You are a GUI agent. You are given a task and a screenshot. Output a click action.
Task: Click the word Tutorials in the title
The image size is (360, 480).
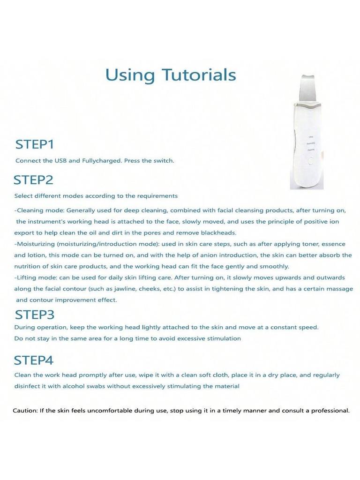(199, 75)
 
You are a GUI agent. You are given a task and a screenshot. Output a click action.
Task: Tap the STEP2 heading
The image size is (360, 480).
(33, 180)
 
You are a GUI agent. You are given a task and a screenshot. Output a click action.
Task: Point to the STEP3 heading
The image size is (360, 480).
(35, 315)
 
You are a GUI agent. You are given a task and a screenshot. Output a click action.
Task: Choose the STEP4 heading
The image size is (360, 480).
(34, 360)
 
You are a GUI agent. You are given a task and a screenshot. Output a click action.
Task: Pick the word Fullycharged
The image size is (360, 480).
(102, 160)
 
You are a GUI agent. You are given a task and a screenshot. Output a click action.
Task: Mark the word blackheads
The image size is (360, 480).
(217, 232)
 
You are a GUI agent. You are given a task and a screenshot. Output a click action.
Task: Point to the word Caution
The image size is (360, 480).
(25, 411)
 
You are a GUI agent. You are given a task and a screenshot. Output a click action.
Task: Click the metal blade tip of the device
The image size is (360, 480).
(305, 84)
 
